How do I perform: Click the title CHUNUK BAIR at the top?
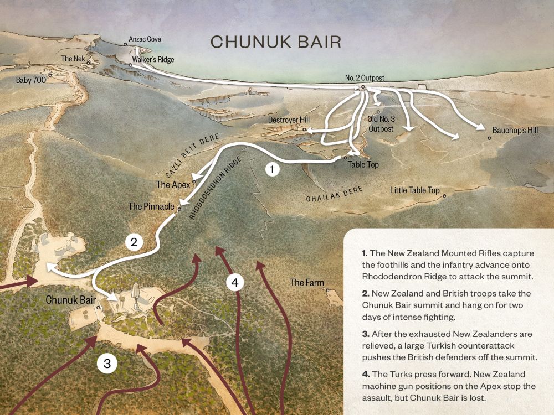(x=275, y=41)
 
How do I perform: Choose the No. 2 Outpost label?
(x=365, y=79)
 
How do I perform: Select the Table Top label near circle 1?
(x=363, y=164)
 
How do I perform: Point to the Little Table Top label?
(x=414, y=190)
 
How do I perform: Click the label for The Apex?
(x=173, y=185)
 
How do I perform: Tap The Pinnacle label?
(x=151, y=206)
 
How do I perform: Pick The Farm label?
(x=307, y=283)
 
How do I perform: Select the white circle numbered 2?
(x=134, y=241)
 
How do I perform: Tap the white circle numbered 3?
(x=107, y=364)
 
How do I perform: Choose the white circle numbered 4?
(x=235, y=282)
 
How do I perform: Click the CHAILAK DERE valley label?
(x=335, y=195)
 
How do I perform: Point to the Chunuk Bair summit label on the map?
(x=69, y=300)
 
